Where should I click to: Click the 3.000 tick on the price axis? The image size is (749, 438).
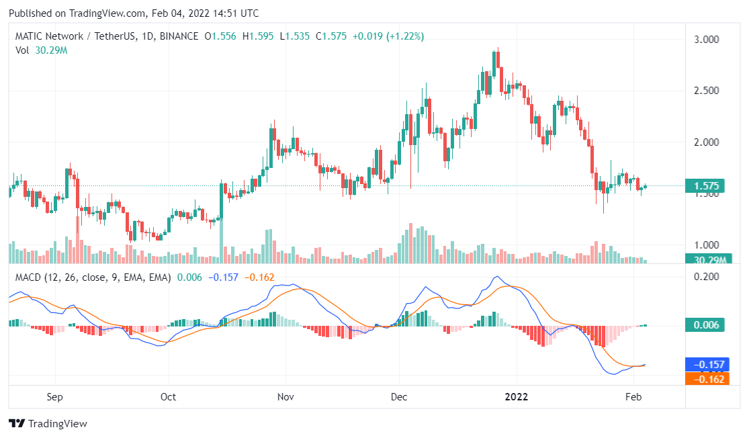tap(706, 40)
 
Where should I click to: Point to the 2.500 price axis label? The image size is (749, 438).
tap(706, 91)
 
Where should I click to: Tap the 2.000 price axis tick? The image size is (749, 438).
tap(706, 142)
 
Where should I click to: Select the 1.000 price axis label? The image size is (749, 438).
tap(706, 245)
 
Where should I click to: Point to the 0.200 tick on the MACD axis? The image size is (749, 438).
tap(706, 277)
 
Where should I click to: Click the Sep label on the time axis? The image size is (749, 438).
tap(55, 396)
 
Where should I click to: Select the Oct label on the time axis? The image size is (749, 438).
tap(168, 396)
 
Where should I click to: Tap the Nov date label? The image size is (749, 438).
tap(286, 396)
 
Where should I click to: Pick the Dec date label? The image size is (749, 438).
tap(399, 396)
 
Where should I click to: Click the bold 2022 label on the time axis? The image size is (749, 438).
tap(517, 396)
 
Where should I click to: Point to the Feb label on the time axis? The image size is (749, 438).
tap(633, 396)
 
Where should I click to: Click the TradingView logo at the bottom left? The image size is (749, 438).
tap(48, 424)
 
